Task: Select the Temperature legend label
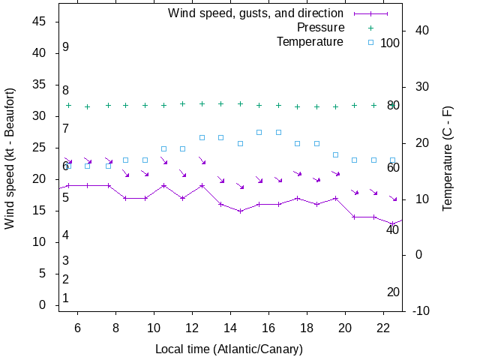(310, 41)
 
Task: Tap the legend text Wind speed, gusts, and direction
(255, 13)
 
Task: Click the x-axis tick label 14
(229, 328)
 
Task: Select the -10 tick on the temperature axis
(421, 311)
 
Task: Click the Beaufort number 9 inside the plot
(66, 47)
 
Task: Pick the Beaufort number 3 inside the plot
(66, 261)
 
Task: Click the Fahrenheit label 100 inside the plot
(390, 43)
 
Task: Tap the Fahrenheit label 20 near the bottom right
(393, 292)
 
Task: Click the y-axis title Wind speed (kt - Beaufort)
(10, 158)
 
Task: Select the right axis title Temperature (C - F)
(447, 158)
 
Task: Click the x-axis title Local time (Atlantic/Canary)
(229, 349)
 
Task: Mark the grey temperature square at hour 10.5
(163, 148)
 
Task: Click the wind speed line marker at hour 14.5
(240, 211)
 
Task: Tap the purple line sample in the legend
(370, 13)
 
